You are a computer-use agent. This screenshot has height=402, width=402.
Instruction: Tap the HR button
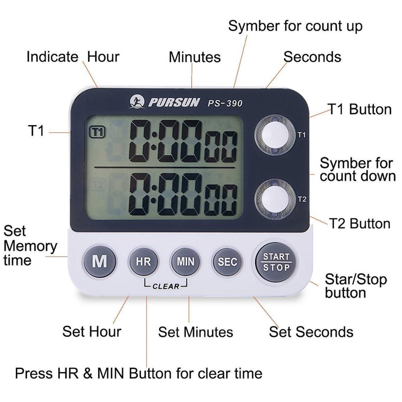[x=143, y=262]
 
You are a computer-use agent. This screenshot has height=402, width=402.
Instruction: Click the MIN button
[x=185, y=262]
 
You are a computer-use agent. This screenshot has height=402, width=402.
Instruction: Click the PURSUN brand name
[x=174, y=103]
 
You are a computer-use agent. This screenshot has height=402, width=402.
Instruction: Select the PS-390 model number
[x=225, y=103]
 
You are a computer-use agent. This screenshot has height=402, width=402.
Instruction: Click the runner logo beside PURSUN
[x=137, y=102]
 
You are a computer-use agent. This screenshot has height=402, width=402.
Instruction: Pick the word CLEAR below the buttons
[x=166, y=287]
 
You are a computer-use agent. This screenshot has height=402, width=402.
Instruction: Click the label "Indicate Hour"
[x=73, y=57]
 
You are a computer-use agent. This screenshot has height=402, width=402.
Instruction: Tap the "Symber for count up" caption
[x=295, y=26]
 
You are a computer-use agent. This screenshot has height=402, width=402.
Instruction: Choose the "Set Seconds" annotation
[x=311, y=332]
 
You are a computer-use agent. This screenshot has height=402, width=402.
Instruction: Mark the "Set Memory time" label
[x=30, y=246]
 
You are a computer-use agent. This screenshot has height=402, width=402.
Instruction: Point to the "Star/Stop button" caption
[x=355, y=286]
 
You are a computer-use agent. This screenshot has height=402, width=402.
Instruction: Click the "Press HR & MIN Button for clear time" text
[x=139, y=373]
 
